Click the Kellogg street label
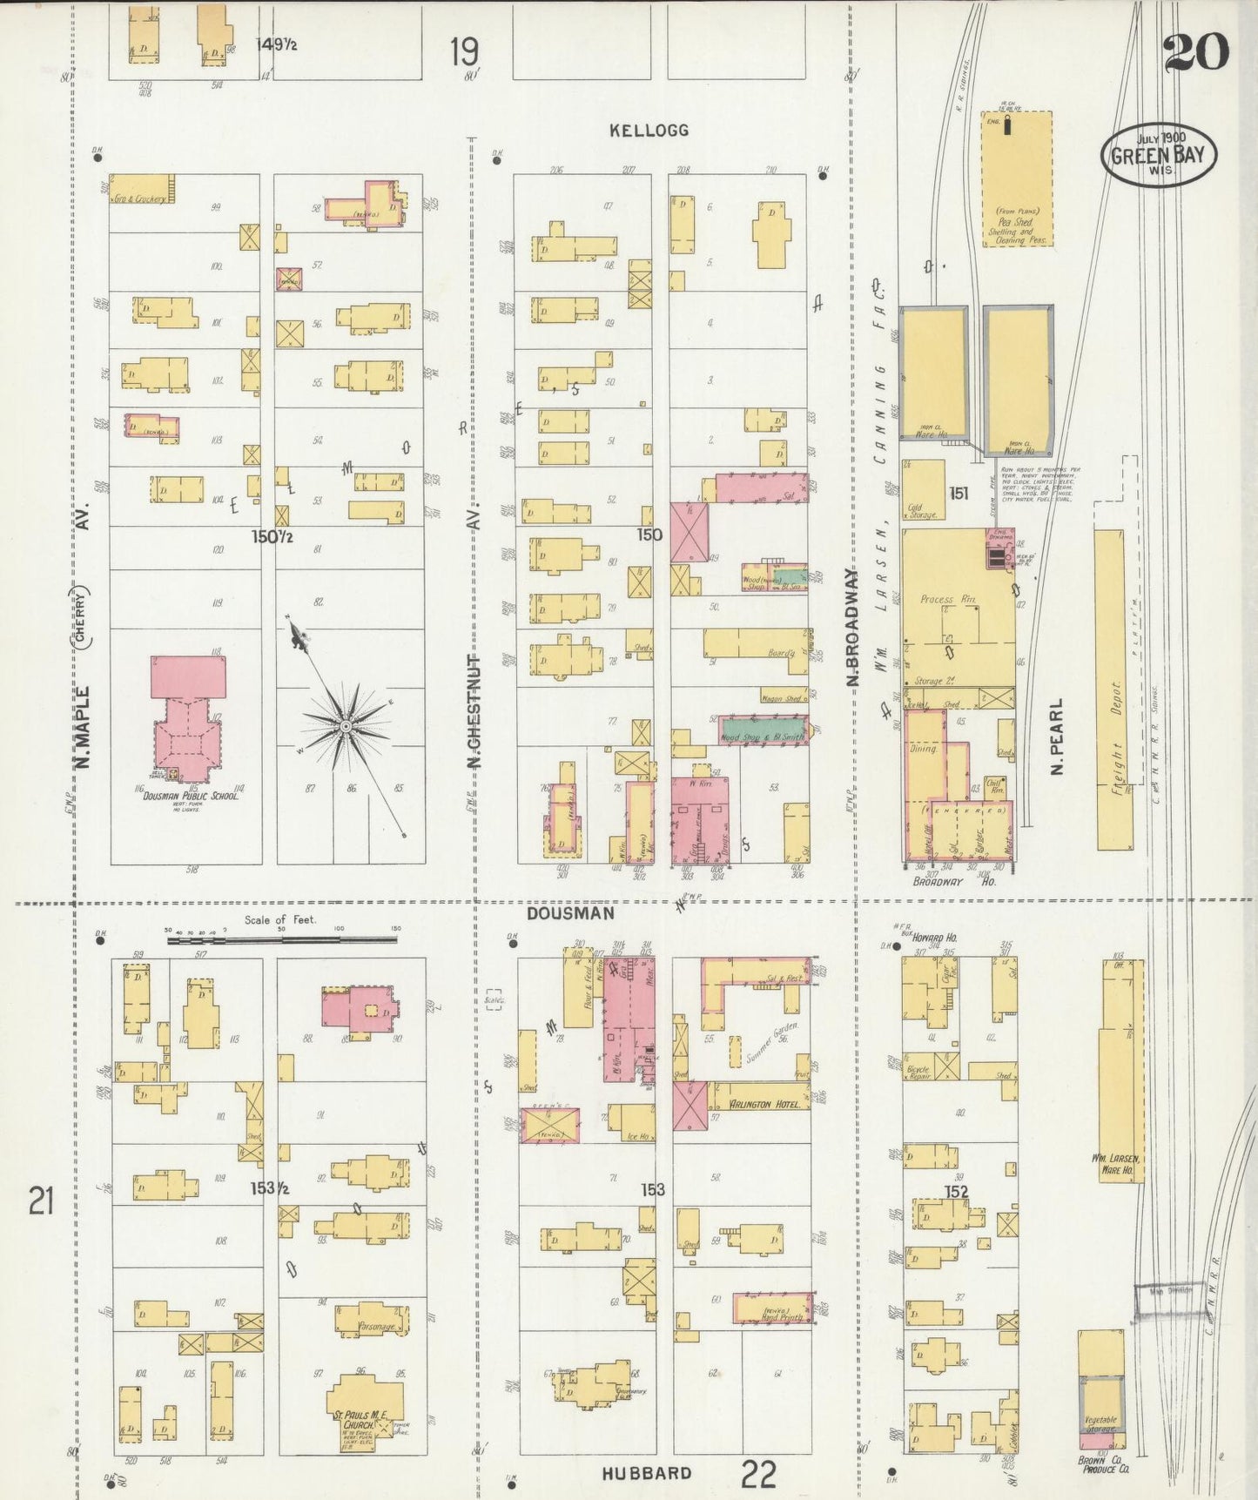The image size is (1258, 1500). coord(649,131)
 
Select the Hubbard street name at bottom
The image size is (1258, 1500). coord(647,1473)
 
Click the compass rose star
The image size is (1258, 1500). coord(346,725)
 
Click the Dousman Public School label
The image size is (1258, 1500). coord(191,795)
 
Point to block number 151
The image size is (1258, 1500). coord(959,494)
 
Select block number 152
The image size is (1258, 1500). coord(957,1191)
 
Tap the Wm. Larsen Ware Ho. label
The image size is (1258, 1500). coord(1115,1164)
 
